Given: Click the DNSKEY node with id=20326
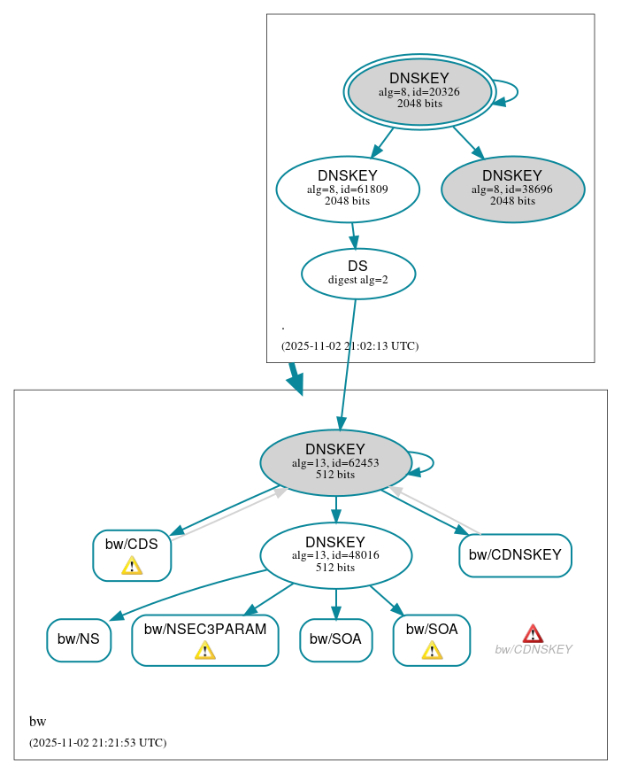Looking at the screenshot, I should point(419,91).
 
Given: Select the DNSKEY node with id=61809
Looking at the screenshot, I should point(347,189).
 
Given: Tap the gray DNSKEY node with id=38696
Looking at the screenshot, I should point(512,189).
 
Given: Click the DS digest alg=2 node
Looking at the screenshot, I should point(357,273).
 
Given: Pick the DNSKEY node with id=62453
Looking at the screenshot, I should point(334,462).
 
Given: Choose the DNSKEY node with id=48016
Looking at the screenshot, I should point(334,555).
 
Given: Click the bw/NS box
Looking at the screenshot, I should point(79,639).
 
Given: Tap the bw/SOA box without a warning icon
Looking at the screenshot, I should point(335,639).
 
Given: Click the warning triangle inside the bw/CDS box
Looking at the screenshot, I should point(132,565).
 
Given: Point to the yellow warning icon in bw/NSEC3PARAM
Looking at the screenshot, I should point(204,651).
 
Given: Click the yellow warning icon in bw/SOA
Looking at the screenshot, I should point(432,651).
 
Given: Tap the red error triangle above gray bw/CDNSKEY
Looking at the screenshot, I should point(533,633).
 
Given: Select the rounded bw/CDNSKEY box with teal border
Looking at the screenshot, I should point(515,555).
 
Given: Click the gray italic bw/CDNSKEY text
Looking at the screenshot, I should point(533,650).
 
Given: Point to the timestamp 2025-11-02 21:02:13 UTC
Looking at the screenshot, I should point(349,346).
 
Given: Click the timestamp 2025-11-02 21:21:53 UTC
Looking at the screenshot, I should point(97,743).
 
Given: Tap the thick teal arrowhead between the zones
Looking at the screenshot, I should point(296,383).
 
